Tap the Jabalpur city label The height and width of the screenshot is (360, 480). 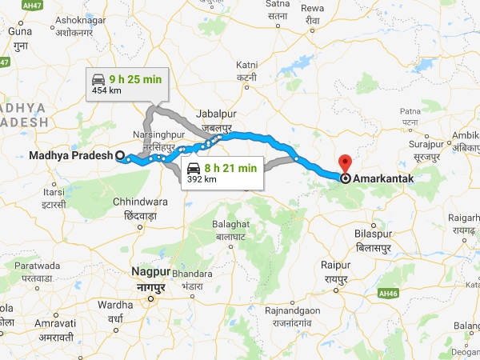(217, 114)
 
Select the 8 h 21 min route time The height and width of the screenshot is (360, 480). (230, 168)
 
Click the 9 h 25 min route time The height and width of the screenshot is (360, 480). (134, 78)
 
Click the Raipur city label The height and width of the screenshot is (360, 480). (336, 264)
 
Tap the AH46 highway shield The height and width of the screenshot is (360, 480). (389, 294)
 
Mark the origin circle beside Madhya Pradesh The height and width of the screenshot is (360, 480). (120, 156)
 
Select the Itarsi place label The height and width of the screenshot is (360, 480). (54, 193)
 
